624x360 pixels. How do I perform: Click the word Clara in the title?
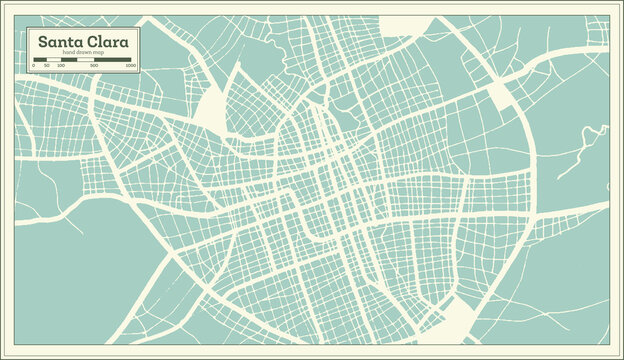[107, 42]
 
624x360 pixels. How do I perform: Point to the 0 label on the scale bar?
[33, 66]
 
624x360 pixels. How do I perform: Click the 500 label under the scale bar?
[93, 66]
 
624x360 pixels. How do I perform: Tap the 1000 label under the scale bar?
[130, 66]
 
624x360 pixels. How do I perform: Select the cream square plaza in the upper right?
[501, 95]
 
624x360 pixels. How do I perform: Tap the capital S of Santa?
[42, 42]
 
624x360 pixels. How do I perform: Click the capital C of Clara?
[89, 42]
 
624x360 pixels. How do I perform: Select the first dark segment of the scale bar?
[39, 60]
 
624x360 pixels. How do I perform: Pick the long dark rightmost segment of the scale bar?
[115, 60]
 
